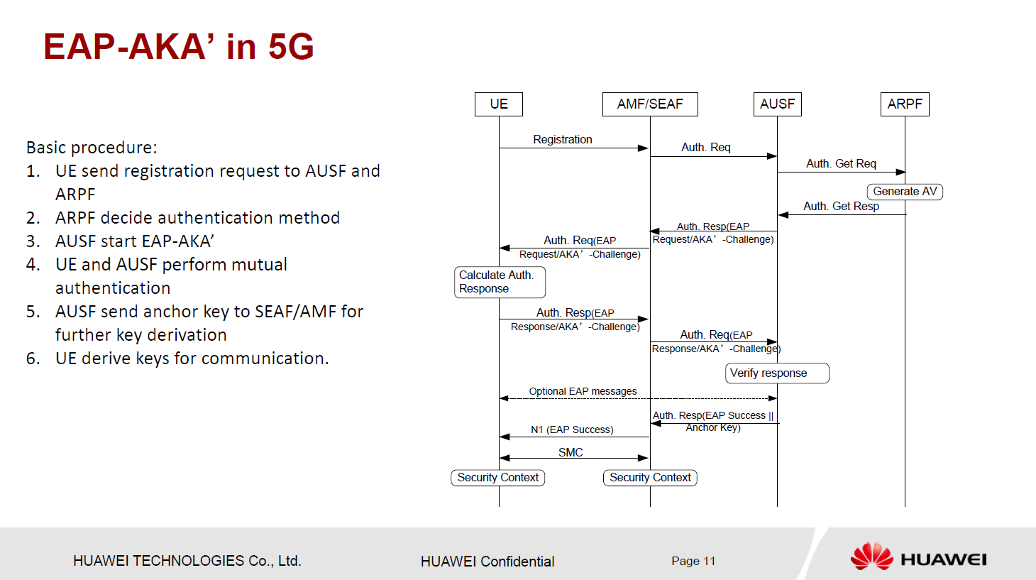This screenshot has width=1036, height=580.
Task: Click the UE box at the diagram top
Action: (x=499, y=104)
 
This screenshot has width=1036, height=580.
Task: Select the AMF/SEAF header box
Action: (x=650, y=104)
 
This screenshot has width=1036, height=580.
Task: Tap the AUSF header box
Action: (x=777, y=104)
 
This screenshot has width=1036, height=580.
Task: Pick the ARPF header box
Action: (x=905, y=104)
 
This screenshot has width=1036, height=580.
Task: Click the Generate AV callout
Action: (x=905, y=192)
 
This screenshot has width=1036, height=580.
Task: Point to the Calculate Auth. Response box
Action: (x=500, y=282)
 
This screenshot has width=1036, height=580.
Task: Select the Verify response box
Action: (x=777, y=373)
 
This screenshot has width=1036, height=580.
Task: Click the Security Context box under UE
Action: (x=498, y=478)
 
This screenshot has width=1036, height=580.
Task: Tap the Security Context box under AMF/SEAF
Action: (x=650, y=478)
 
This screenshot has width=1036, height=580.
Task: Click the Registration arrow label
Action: (x=563, y=140)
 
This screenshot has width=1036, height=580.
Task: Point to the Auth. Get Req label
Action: (x=841, y=164)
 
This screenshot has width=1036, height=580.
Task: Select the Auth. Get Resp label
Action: (x=841, y=207)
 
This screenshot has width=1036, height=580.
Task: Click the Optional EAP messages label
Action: (x=583, y=391)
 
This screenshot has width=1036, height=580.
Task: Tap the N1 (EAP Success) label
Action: (x=572, y=429)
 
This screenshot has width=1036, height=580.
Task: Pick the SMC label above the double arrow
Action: (x=571, y=452)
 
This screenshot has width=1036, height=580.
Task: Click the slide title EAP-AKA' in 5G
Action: (x=179, y=47)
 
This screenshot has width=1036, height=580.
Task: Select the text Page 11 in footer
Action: (x=693, y=561)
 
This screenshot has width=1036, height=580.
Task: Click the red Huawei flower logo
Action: (x=872, y=557)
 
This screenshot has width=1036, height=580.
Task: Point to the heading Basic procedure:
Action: (x=92, y=148)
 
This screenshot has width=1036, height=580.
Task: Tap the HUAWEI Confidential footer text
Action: (x=487, y=562)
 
